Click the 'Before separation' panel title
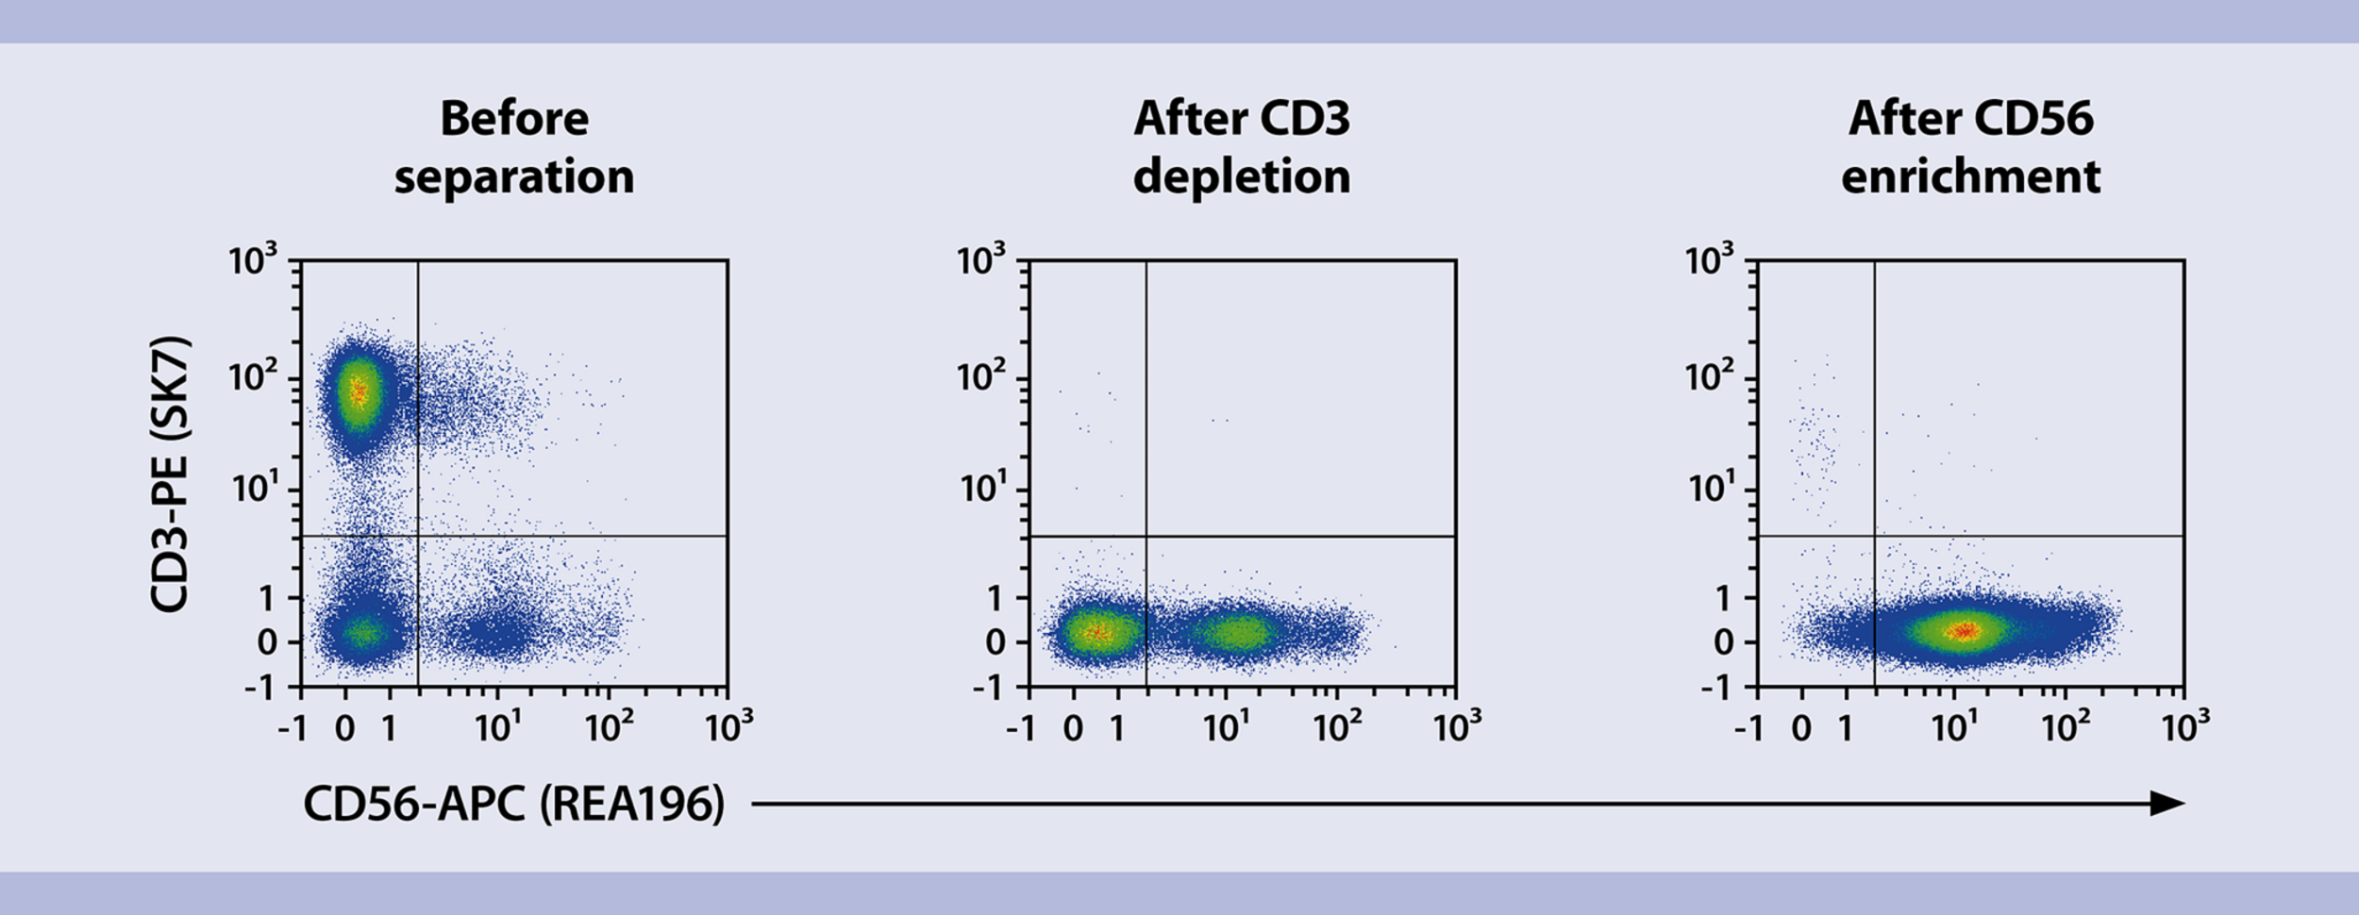pos(514,148)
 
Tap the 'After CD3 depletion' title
pos(1242,148)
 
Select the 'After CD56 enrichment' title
pos(1970,148)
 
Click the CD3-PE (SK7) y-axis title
pos(171,474)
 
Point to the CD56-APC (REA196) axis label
pos(513,804)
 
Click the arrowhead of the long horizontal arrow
pos(2168,804)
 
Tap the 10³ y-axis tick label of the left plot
pos(254,258)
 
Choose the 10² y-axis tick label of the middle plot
pos(982,375)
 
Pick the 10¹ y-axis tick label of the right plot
pos(1710,488)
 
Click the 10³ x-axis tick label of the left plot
pos(728,727)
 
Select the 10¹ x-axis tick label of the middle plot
pos(1227,727)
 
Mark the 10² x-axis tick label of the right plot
pos(2066,727)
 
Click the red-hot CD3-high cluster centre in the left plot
pos(359,390)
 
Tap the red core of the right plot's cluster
pos(1965,630)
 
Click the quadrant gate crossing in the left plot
pos(418,536)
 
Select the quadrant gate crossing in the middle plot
pos(1146,536)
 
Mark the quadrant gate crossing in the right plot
pos(1875,536)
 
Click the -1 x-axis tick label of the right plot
pos(1749,729)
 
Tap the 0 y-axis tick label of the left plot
pos(267,642)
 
